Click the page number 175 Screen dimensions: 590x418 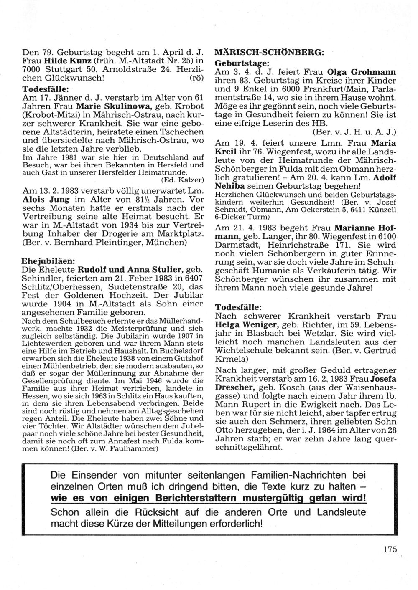(390, 549)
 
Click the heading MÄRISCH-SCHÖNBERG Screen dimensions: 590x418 (268, 53)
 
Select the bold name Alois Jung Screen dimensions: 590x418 (45, 199)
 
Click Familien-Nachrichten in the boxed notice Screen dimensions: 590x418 (290, 475)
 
